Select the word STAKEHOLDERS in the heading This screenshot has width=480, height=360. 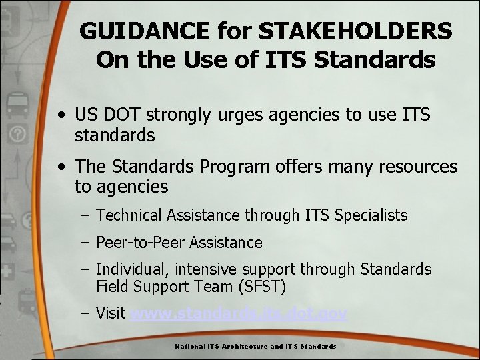[355, 31]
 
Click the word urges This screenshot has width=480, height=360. [231, 115]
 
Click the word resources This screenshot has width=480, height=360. [417, 166]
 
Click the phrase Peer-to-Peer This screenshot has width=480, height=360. [140, 243]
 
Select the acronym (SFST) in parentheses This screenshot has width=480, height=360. [263, 287]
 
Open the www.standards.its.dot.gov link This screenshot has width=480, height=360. [239, 313]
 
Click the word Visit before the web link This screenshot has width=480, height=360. [111, 313]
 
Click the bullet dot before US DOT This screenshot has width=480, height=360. [61, 115]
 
